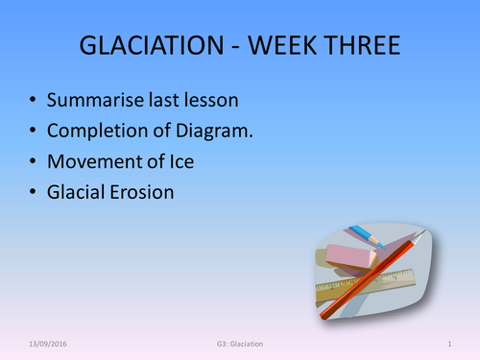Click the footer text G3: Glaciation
[x=240, y=343]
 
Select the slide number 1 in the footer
[x=449, y=343]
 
